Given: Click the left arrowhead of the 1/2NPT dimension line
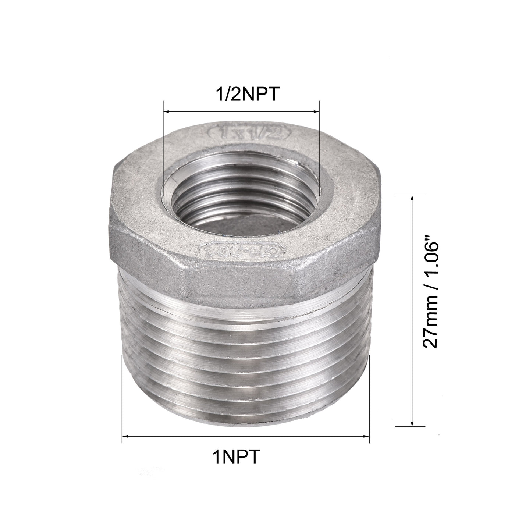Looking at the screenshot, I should coord(166,111).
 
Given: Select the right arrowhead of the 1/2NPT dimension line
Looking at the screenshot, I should coord(316,111).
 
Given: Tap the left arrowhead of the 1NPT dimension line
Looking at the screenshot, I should coord(125,436).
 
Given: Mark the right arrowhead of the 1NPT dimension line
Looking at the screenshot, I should coord(366,436).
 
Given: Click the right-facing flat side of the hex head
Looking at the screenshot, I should coord(342,261).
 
